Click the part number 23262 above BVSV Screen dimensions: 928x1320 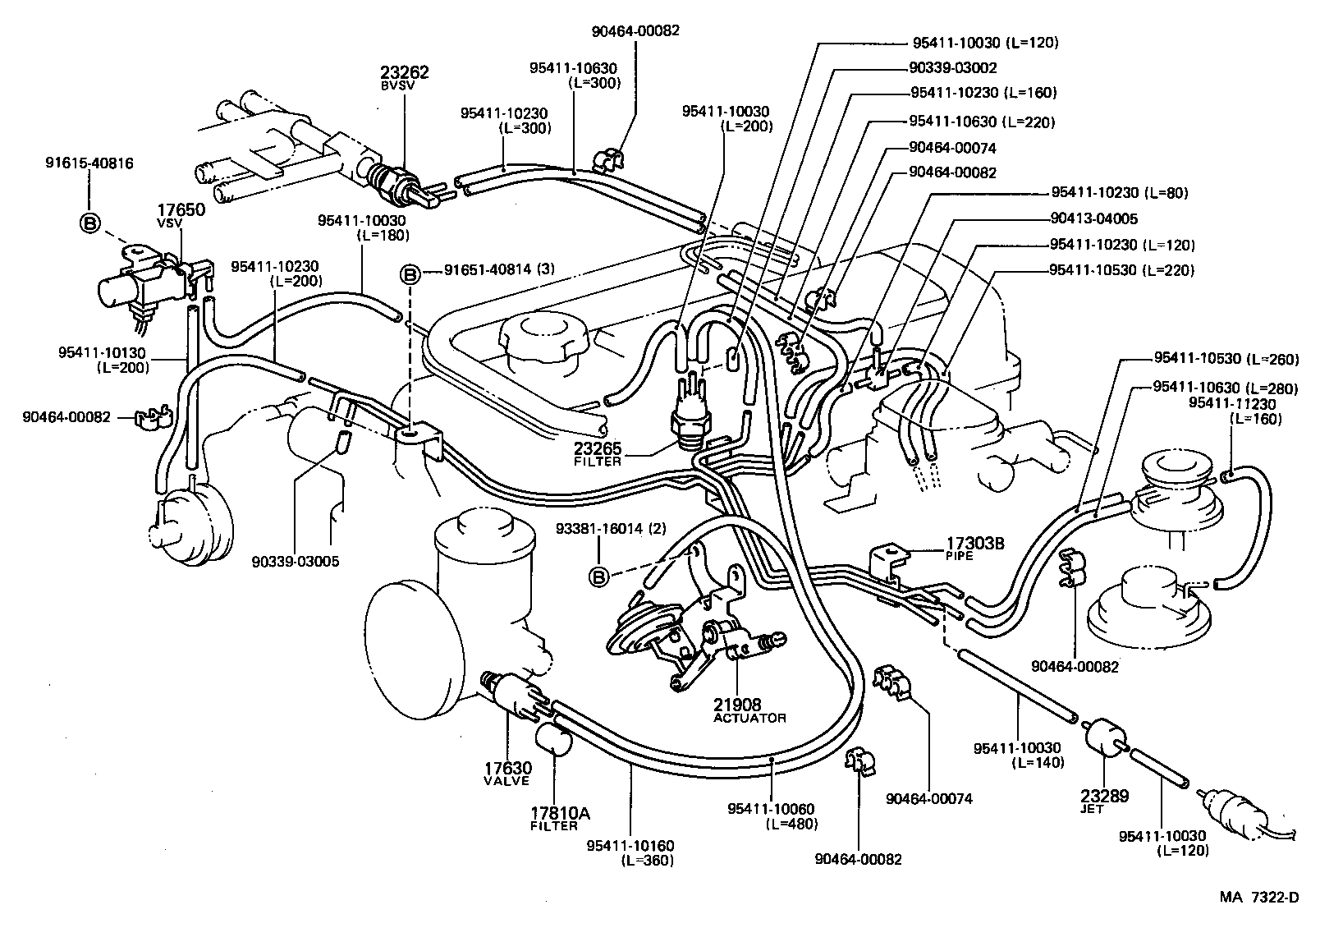coord(404,72)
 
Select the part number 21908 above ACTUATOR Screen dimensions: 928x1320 coord(737,704)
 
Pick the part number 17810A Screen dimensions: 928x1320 coord(560,813)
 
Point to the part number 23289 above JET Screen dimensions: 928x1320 coord(1104,796)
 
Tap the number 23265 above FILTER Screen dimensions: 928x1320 coord(598,449)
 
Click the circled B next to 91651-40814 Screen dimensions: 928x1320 coord(410,276)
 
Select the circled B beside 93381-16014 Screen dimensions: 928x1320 coord(599,577)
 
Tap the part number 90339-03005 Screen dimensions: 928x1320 coord(296,562)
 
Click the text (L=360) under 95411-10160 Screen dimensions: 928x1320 coord(647,860)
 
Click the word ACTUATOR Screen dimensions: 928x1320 coord(749,718)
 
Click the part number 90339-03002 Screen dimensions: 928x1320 coord(953,68)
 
